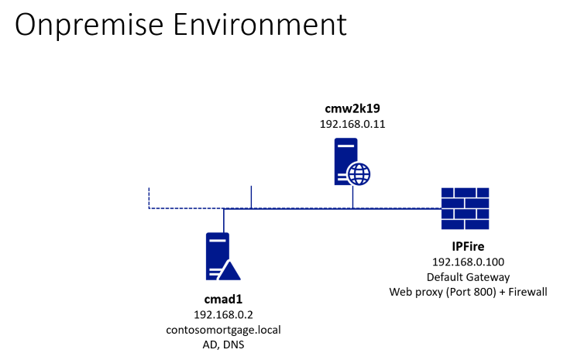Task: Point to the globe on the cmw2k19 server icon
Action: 359,174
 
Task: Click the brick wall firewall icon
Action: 465,207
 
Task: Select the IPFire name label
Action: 466,247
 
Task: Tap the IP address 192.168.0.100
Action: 466,262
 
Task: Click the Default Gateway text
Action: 466,276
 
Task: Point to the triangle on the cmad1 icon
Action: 229,270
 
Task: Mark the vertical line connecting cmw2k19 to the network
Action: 352,197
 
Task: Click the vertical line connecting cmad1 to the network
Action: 223,220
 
